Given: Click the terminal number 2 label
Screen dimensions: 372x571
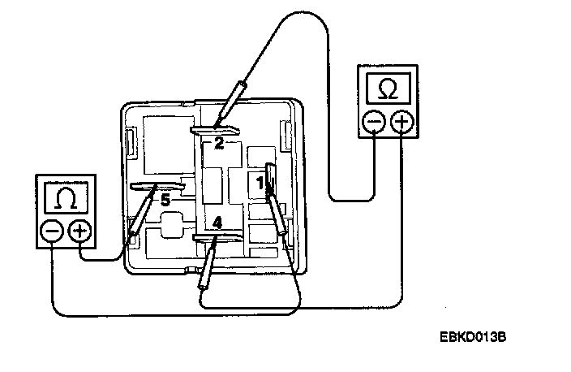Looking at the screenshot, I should tap(219, 144).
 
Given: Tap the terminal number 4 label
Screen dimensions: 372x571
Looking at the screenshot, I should tap(217, 221).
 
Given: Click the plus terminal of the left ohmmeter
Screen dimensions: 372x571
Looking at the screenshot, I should tap(79, 231).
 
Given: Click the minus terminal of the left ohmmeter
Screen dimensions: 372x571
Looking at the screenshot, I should tap(53, 231).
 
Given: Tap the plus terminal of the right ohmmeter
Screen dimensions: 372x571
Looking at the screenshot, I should tap(401, 123).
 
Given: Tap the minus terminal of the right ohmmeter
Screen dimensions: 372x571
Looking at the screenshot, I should tap(374, 123).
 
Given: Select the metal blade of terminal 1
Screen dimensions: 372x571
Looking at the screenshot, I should tap(270, 180).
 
